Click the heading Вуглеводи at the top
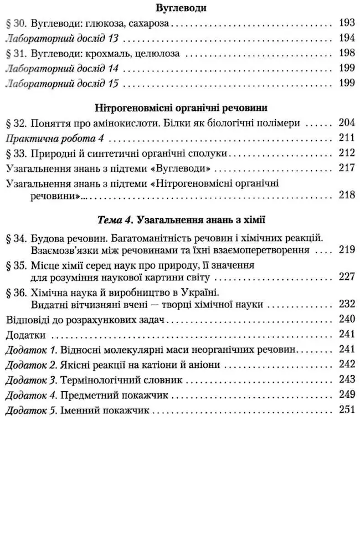[x=180, y=8]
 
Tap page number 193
[x=346, y=24]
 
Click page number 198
[x=346, y=54]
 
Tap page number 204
[x=346, y=123]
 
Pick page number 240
[x=346, y=319]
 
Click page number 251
[x=346, y=411]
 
